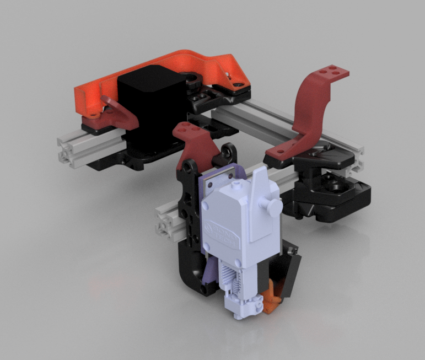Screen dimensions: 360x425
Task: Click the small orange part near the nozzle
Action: click(271, 301)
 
